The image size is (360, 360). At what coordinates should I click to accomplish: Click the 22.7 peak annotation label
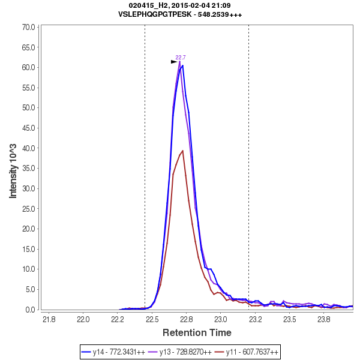180,58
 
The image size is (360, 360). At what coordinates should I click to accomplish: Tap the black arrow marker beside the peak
174,62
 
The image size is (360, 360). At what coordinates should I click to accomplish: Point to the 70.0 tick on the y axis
28,27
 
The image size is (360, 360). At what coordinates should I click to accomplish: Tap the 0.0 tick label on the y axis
31,310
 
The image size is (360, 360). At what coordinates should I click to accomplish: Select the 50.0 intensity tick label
28,108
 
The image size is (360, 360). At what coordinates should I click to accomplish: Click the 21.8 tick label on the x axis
49,319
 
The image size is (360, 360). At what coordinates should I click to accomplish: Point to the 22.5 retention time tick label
152,319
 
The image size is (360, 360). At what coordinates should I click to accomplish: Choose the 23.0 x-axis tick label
221,319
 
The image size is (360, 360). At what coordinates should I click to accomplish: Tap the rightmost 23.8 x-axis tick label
324,319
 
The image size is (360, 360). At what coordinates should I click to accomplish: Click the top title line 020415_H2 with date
180,5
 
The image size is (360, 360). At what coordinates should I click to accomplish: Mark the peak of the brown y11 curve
182,151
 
